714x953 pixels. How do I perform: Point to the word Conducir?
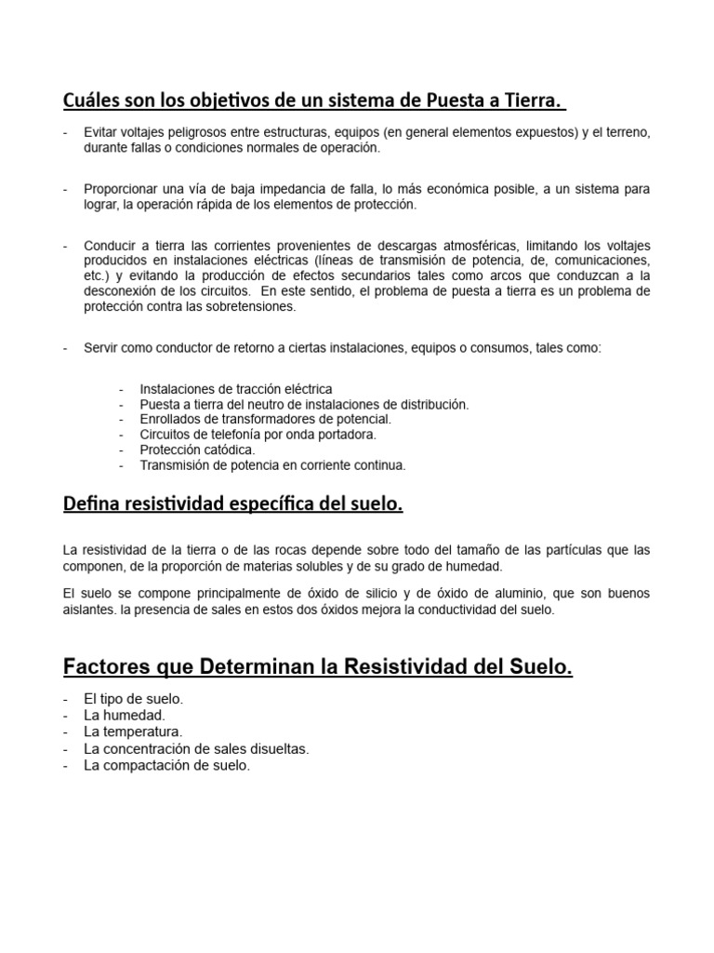[x=110, y=245]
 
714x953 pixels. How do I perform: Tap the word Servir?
[x=101, y=347]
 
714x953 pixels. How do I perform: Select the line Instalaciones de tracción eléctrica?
[x=235, y=389]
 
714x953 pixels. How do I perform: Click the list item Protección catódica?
[x=197, y=450]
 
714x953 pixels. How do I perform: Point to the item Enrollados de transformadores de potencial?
[x=265, y=420]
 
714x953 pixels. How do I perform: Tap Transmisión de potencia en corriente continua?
[x=272, y=465]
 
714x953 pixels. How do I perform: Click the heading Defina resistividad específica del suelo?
[x=232, y=504]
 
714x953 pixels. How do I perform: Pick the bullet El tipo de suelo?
[x=133, y=698]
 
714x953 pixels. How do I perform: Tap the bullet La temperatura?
[x=133, y=732]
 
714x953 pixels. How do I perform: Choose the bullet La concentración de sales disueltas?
[x=195, y=748]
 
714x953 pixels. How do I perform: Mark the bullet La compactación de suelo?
[x=166, y=765]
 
